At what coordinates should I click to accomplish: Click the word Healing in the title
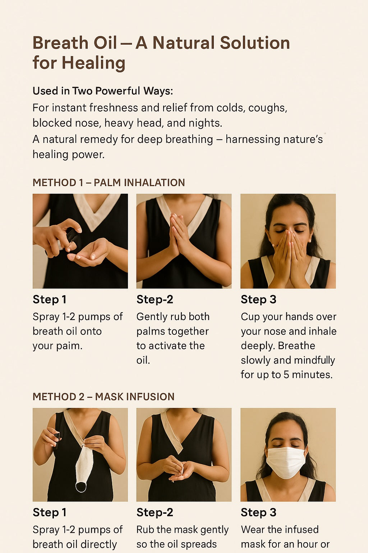pos(93,63)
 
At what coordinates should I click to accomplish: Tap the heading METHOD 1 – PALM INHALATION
pos(109,183)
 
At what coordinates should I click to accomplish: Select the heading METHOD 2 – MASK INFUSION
pos(103,397)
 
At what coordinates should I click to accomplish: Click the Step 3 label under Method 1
pos(258,300)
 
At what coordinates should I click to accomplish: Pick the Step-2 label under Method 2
pos(155,512)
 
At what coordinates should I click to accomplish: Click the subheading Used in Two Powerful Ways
pos(103,91)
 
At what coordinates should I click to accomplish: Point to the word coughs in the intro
pos(268,108)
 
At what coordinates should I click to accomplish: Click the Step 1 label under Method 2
pos(49,512)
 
